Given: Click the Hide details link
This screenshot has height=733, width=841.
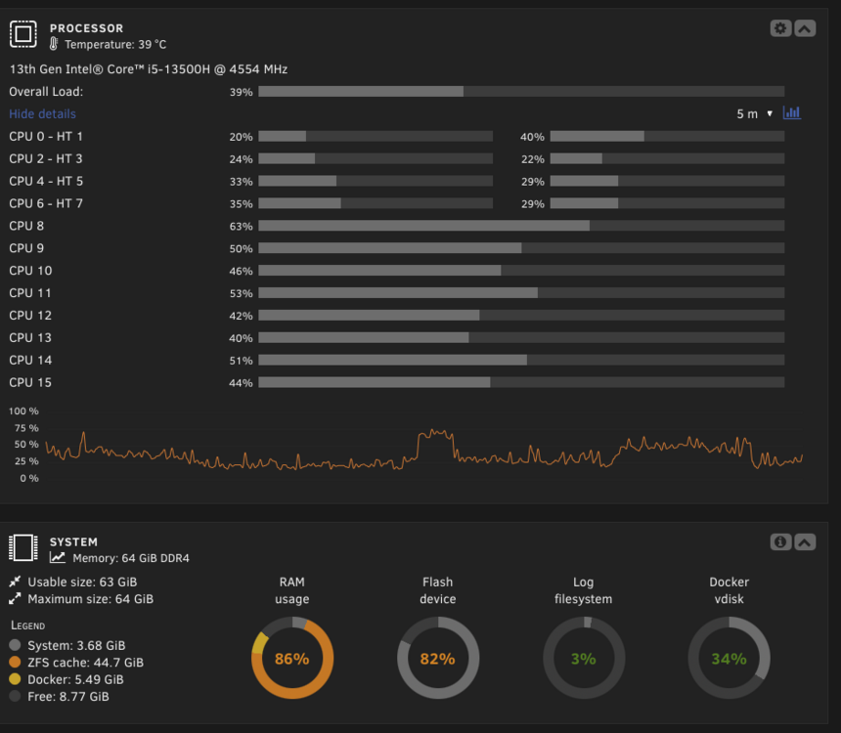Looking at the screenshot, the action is click(42, 113).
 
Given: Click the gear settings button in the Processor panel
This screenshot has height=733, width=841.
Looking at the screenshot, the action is click(780, 28).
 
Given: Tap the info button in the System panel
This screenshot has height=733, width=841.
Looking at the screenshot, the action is click(780, 542).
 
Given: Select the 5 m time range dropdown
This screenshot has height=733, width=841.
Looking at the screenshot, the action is click(754, 113).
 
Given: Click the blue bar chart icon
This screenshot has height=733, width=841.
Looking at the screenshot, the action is click(792, 112).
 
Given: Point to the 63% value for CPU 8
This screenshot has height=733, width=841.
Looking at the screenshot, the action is click(241, 227).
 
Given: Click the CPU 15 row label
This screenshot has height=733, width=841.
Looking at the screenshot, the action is click(30, 382).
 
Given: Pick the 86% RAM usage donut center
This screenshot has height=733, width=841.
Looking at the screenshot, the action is click(291, 659).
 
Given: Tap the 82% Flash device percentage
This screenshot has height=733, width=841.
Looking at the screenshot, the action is click(438, 659).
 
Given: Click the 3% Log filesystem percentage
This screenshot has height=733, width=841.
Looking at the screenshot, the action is click(584, 659).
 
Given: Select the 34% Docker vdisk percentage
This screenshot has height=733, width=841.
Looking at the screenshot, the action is click(729, 659).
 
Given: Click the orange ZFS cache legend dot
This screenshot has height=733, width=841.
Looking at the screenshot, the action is click(15, 663).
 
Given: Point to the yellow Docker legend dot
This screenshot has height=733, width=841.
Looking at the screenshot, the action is click(15, 679).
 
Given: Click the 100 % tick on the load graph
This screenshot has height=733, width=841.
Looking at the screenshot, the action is click(23, 411).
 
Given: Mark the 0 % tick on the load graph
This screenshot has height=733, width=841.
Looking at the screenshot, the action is click(29, 478).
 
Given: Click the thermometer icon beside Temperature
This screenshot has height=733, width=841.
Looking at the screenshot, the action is click(54, 44).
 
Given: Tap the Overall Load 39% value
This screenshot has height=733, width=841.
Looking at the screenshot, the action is click(241, 92).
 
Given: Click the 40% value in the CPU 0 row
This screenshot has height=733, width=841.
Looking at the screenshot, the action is click(532, 137).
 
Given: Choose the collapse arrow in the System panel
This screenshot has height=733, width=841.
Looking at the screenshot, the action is click(805, 542).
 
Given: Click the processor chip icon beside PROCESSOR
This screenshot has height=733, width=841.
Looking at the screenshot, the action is click(23, 34).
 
